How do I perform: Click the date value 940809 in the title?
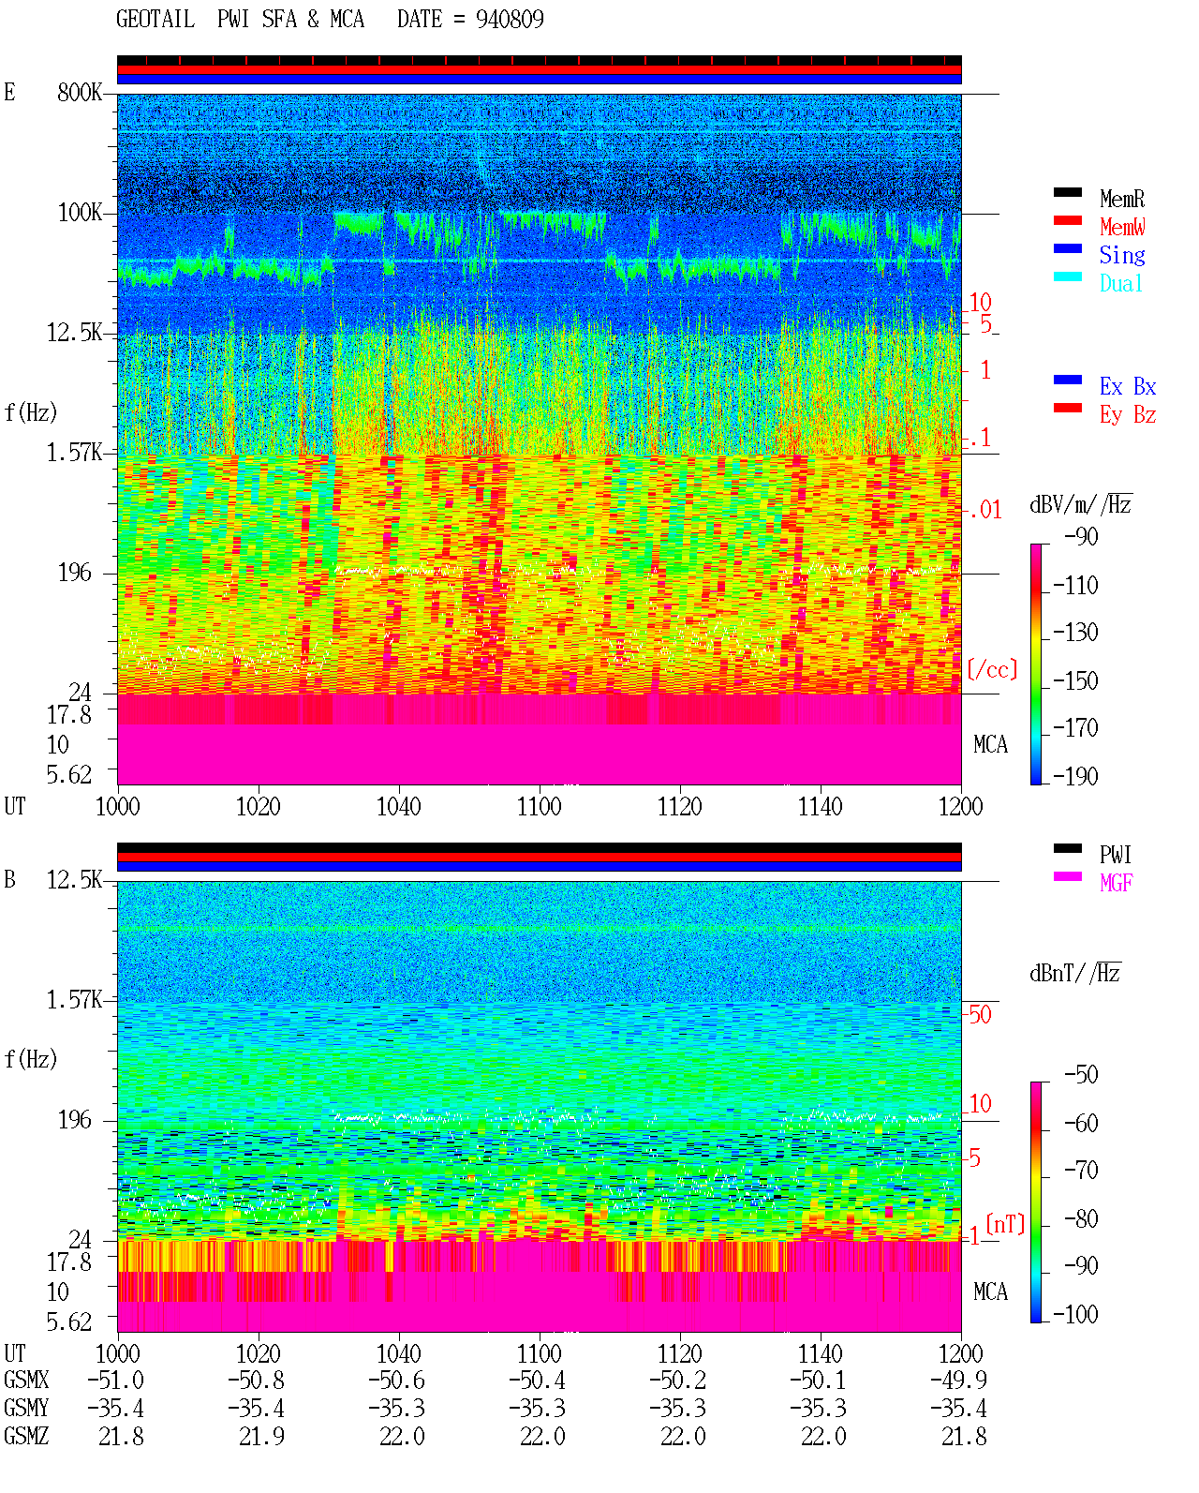(509, 20)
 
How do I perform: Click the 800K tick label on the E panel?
(80, 92)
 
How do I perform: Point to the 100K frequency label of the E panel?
(80, 213)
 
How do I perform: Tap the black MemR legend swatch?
(1067, 192)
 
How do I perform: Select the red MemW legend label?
(1122, 227)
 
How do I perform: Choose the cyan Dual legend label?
(1121, 283)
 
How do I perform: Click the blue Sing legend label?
(1122, 255)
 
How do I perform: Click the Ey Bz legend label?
(1128, 415)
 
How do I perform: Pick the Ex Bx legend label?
(1128, 386)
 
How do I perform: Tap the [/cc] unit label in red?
(992, 669)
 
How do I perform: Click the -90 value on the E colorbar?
(1081, 536)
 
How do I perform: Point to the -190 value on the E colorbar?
(1075, 776)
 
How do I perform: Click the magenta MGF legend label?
(1116, 883)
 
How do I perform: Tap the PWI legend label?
(1116, 855)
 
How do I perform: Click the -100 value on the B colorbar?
(1075, 1314)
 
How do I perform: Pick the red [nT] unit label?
(1005, 1224)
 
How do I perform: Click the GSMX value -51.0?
(116, 1380)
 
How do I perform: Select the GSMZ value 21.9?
(261, 1437)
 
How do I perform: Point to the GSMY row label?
(26, 1409)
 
